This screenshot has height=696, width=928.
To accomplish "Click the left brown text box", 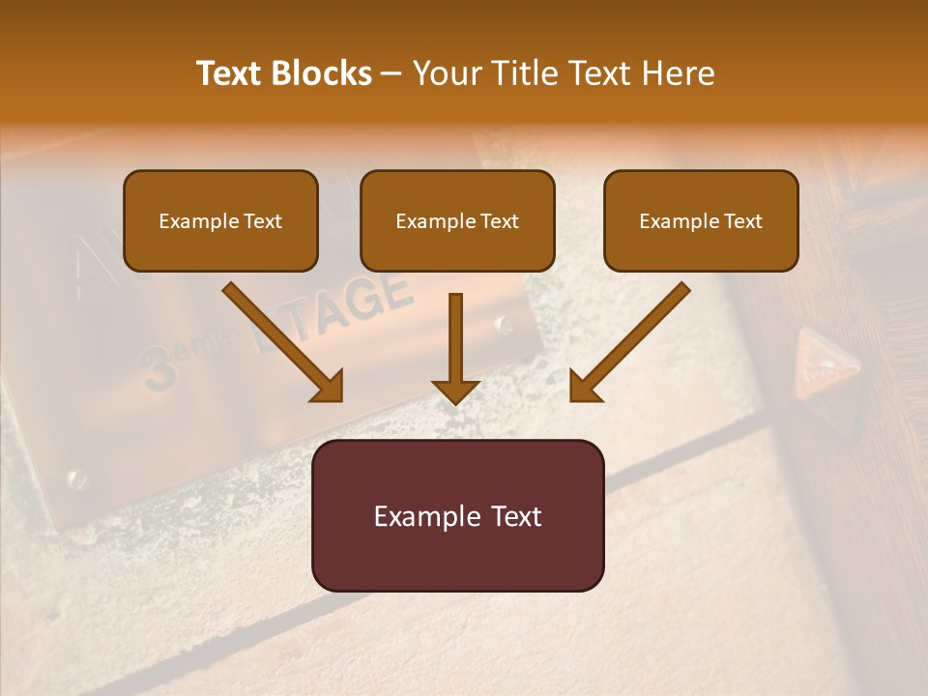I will click(x=220, y=221).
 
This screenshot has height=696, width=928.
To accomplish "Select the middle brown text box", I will click(x=457, y=221).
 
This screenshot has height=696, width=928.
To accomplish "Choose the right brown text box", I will click(x=701, y=221).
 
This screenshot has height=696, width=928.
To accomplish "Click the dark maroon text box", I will click(x=457, y=515).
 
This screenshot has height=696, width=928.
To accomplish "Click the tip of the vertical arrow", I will click(x=456, y=400).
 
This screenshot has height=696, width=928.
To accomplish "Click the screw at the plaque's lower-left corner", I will click(x=74, y=478).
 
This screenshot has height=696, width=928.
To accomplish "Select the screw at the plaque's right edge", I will click(x=504, y=325).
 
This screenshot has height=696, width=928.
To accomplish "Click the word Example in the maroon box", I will click(x=420, y=516).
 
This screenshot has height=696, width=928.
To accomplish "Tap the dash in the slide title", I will click(x=391, y=73).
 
